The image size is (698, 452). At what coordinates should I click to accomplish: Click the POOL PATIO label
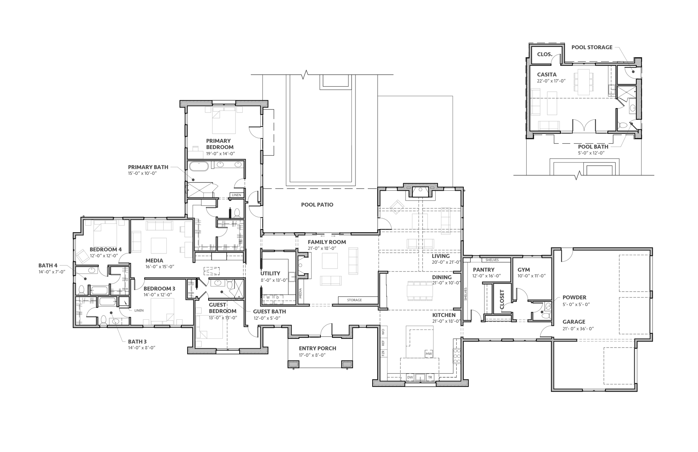(x=317, y=205)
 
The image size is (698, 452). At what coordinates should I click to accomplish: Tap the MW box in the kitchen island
(x=429, y=354)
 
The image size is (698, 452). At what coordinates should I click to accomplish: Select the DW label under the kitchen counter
(x=410, y=377)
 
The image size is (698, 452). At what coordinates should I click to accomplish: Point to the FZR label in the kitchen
(x=383, y=353)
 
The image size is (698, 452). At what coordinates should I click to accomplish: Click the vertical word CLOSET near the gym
(x=502, y=300)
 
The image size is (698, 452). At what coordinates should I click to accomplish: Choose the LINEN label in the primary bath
(x=237, y=195)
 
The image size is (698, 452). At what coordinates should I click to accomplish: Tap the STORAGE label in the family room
(x=354, y=300)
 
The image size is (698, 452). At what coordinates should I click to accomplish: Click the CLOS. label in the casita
(x=545, y=54)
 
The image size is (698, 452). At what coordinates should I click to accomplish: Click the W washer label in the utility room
(x=268, y=297)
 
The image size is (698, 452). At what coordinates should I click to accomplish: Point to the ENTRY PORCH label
(x=317, y=348)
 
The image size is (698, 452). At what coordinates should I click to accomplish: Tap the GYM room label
(x=523, y=270)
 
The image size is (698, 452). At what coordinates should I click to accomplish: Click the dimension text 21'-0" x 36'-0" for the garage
(x=578, y=329)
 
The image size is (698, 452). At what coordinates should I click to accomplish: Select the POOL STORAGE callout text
(x=592, y=47)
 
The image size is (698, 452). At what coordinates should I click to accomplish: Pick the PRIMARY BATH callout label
(x=148, y=167)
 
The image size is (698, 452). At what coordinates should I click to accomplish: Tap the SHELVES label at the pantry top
(x=492, y=260)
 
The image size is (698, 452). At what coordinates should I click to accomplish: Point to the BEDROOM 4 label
(x=106, y=249)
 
